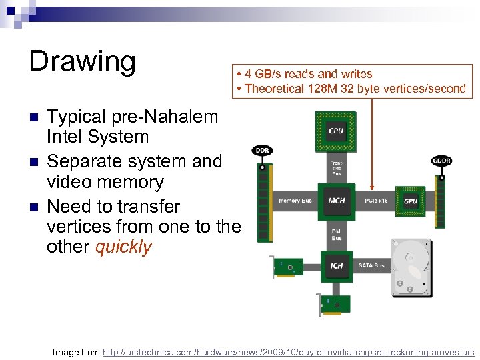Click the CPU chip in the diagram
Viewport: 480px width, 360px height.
point(336,131)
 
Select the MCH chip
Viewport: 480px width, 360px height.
point(336,200)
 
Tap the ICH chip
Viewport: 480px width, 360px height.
point(337,265)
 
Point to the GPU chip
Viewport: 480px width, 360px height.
point(411,201)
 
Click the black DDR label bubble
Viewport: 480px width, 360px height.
point(261,151)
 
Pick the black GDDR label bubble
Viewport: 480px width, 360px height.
point(441,160)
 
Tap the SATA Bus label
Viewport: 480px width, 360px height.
point(371,265)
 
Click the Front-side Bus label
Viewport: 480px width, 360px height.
point(337,167)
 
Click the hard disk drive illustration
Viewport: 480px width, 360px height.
point(411,267)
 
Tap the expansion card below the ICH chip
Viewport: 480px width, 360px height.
point(334,304)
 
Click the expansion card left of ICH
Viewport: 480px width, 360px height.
point(288,267)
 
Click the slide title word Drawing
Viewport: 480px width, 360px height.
point(82,61)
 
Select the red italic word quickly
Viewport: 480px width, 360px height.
point(123,247)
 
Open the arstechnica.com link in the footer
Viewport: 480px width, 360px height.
point(288,351)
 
